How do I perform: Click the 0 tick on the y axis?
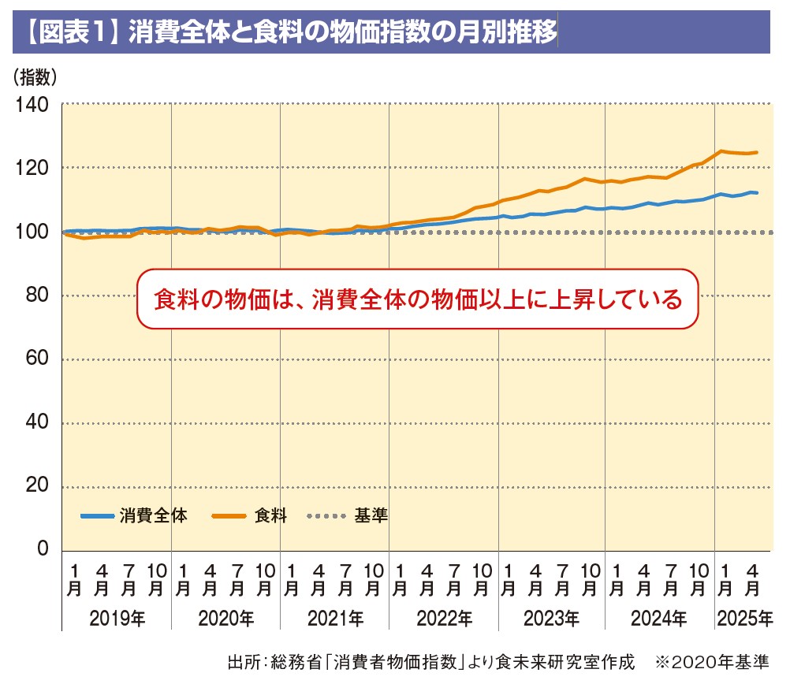click(43, 550)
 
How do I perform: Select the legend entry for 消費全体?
click(134, 517)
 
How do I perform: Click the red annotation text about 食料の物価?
click(417, 300)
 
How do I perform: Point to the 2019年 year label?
click(117, 619)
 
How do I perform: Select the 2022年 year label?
click(445, 619)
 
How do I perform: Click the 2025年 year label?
click(743, 619)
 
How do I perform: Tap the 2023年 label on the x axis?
click(553, 619)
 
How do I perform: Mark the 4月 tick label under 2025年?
click(753, 579)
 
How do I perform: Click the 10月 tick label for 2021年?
click(375, 579)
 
